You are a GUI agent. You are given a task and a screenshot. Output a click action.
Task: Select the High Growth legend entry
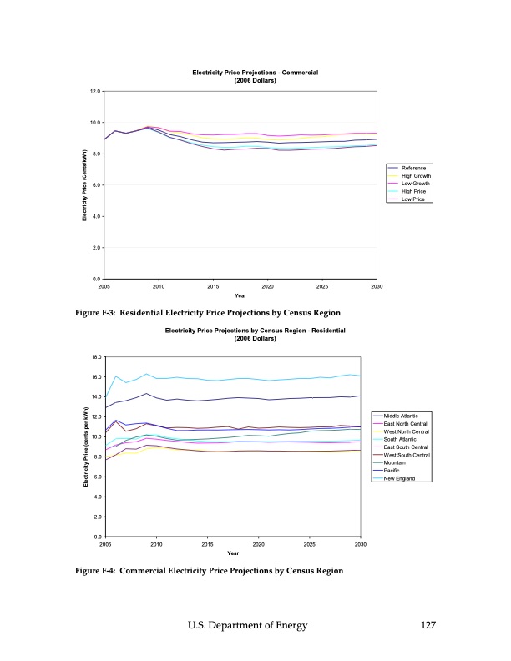416,176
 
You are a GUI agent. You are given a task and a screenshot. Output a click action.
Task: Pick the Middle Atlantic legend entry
406,416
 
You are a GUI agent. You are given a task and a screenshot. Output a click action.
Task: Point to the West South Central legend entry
407,455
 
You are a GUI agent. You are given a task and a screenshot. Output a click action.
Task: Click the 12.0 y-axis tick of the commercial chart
96,91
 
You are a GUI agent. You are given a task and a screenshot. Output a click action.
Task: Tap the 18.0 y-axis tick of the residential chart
96,357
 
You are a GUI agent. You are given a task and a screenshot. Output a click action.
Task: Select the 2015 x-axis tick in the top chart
213,285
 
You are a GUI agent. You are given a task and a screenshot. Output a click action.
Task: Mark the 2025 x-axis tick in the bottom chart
310,543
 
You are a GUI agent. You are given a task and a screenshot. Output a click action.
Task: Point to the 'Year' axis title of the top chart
240,295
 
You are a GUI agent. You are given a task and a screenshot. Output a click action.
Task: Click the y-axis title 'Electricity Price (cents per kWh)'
86,447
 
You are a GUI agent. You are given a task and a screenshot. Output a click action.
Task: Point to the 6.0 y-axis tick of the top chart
96,185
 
